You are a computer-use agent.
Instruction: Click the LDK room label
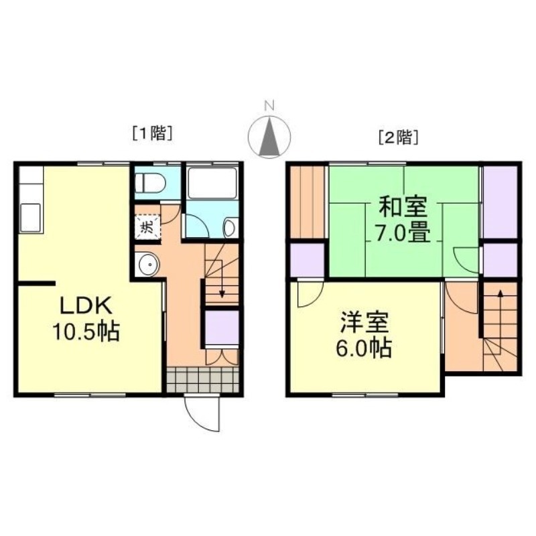point(86,306)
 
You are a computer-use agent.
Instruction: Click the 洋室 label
point(364,323)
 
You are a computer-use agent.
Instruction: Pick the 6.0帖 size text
point(364,348)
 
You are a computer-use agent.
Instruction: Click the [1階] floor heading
point(152,133)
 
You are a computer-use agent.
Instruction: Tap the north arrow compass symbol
point(269,137)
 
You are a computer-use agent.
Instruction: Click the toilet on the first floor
point(150,182)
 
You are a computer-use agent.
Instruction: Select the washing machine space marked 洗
point(147,226)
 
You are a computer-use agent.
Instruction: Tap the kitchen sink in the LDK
point(29,218)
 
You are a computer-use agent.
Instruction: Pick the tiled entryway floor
point(203,380)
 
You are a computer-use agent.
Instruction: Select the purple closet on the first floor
point(222,328)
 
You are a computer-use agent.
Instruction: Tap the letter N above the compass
point(269,106)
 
